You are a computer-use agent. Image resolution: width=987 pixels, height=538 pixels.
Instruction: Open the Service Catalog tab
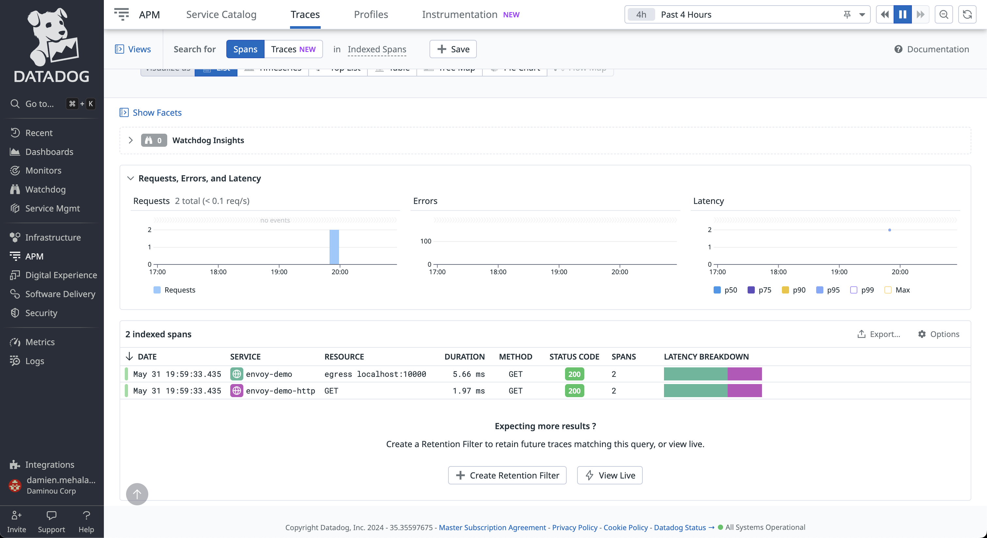(x=221, y=15)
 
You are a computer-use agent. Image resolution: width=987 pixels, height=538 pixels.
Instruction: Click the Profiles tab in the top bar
(x=370, y=15)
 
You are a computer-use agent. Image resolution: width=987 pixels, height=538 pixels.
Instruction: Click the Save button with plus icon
(x=453, y=49)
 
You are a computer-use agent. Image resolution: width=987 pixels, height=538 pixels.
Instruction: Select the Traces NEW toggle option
(x=293, y=49)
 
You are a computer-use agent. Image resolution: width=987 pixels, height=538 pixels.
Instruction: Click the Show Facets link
(x=157, y=113)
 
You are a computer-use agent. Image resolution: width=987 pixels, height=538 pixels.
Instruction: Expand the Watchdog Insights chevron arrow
(x=131, y=140)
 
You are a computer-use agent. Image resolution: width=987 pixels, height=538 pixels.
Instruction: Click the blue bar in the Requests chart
(x=334, y=247)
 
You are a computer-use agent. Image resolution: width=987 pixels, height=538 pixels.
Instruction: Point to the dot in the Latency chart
(x=889, y=230)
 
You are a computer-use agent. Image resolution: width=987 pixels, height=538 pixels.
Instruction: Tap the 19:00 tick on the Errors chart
(x=558, y=272)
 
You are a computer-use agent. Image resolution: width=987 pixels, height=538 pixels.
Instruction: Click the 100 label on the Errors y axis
(x=425, y=241)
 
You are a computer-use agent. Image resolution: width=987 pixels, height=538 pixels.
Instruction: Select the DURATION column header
(x=464, y=357)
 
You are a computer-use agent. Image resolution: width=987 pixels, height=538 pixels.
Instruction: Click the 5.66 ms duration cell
(x=468, y=374)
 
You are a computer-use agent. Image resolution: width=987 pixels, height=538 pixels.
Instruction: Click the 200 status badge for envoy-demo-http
(x=574, y=391)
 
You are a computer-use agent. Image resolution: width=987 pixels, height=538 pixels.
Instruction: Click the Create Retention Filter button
(x=507, y=476)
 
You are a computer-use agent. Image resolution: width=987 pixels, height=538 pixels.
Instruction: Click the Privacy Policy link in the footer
(x=574, y=527)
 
